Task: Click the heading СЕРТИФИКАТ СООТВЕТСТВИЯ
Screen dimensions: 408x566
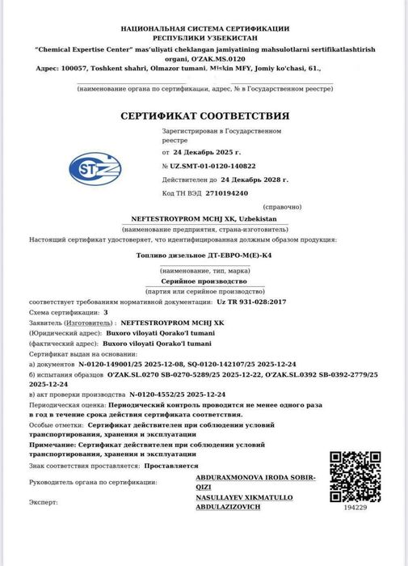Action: click(x=204, y=116)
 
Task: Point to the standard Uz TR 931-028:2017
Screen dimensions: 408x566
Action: click(x=251, y=302)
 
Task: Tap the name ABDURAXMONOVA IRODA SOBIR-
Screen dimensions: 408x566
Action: click(x=256, y=478)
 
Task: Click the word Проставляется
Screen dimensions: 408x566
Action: click(x=175, y=466)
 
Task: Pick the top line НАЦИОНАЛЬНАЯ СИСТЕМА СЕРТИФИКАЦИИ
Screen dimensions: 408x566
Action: click(x=204, y=29)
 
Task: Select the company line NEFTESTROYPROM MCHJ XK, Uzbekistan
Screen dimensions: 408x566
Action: click(x=204, y=219)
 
